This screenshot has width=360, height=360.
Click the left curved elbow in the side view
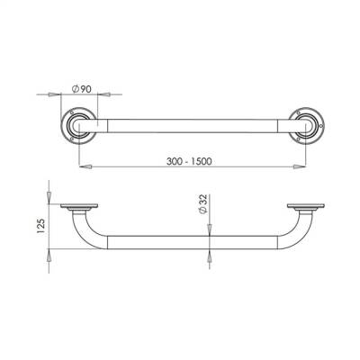[x=86, y=232]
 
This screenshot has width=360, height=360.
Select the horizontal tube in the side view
[x=191, y=242]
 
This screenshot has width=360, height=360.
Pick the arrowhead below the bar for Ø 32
[x=210, y=256]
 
